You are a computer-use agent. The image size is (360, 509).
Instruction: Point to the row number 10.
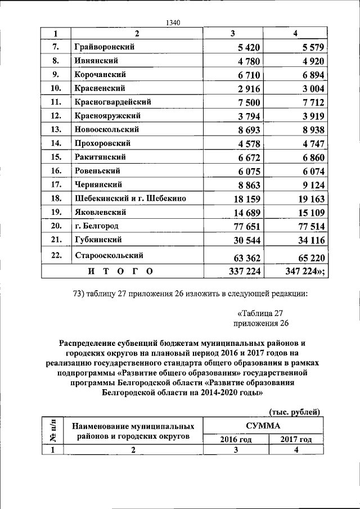click(55, 88)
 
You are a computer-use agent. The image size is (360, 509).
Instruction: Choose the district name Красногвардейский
click(112, 102)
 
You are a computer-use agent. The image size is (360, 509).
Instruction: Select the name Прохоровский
click(106, 143)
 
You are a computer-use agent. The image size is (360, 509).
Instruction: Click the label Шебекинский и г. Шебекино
click(130, 199)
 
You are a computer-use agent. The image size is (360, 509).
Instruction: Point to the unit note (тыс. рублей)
click(295, 412)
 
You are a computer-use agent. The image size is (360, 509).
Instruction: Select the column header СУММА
click(262, 426)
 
